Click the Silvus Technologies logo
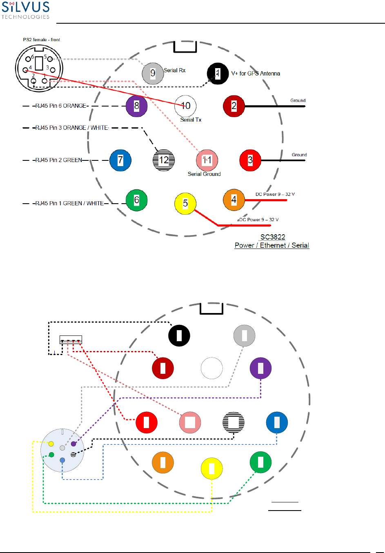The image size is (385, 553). click(26, 10)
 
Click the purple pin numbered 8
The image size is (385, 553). click(136, 106)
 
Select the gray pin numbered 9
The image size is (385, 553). click(153, 73)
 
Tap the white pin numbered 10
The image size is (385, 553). click(185, 106)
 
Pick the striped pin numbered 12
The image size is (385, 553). click(164, 160)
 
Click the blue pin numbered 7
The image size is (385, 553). click(120, 160)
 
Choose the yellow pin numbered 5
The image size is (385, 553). click(185, 203)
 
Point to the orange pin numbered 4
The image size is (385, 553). click(234, 200)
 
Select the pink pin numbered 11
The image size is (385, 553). click(207, 160)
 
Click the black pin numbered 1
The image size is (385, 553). click(218, 73)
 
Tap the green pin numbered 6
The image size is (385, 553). click(136, 200)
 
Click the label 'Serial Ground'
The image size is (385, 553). click(204, 174)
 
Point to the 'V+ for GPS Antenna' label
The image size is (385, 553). click(256, 73)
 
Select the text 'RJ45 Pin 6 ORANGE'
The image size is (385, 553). click(61, 106)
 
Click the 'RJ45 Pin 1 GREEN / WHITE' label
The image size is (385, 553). click(69, 203)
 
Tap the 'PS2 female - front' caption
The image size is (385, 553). click(42, 40)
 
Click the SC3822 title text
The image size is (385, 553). click(273, 237)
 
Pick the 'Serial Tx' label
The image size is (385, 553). click(191, 120)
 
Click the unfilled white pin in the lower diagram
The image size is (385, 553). click(211, 368)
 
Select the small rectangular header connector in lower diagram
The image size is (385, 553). click(71, 340)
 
